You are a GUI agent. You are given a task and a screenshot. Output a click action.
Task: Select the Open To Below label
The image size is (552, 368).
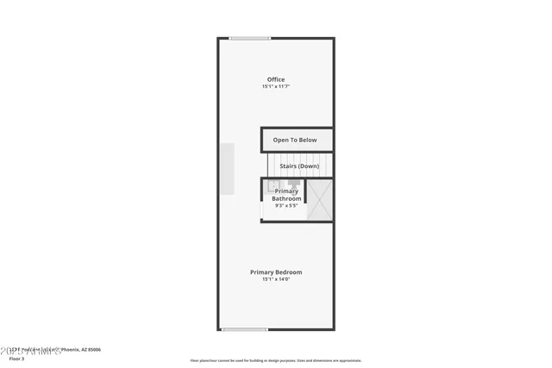[295, 140]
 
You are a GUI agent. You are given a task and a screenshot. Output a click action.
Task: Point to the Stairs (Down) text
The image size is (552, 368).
[298, 165]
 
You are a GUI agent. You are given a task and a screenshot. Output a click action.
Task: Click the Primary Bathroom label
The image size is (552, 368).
[287, 195]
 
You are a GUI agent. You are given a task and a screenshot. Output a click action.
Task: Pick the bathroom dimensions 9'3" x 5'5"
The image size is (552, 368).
[286, 206]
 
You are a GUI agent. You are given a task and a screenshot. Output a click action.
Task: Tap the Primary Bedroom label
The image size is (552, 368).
[276, 272]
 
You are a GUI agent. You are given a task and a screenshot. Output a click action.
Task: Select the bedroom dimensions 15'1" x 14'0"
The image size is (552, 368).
[276, 280]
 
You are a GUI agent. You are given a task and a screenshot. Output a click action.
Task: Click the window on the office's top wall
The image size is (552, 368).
[250, 38]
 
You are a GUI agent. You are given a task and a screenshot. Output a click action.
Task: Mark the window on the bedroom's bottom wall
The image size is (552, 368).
[244, 329]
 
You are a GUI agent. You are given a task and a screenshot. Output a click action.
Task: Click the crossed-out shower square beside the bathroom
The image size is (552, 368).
[320, 200]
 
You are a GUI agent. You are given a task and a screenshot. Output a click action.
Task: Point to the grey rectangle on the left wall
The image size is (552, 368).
[226, 168]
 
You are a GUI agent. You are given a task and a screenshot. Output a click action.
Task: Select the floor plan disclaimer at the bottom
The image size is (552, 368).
[275, 361]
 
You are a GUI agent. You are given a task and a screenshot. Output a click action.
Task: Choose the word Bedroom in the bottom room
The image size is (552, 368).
[289, 272]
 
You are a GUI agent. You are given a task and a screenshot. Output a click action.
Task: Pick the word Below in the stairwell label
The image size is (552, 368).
[307, 140]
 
